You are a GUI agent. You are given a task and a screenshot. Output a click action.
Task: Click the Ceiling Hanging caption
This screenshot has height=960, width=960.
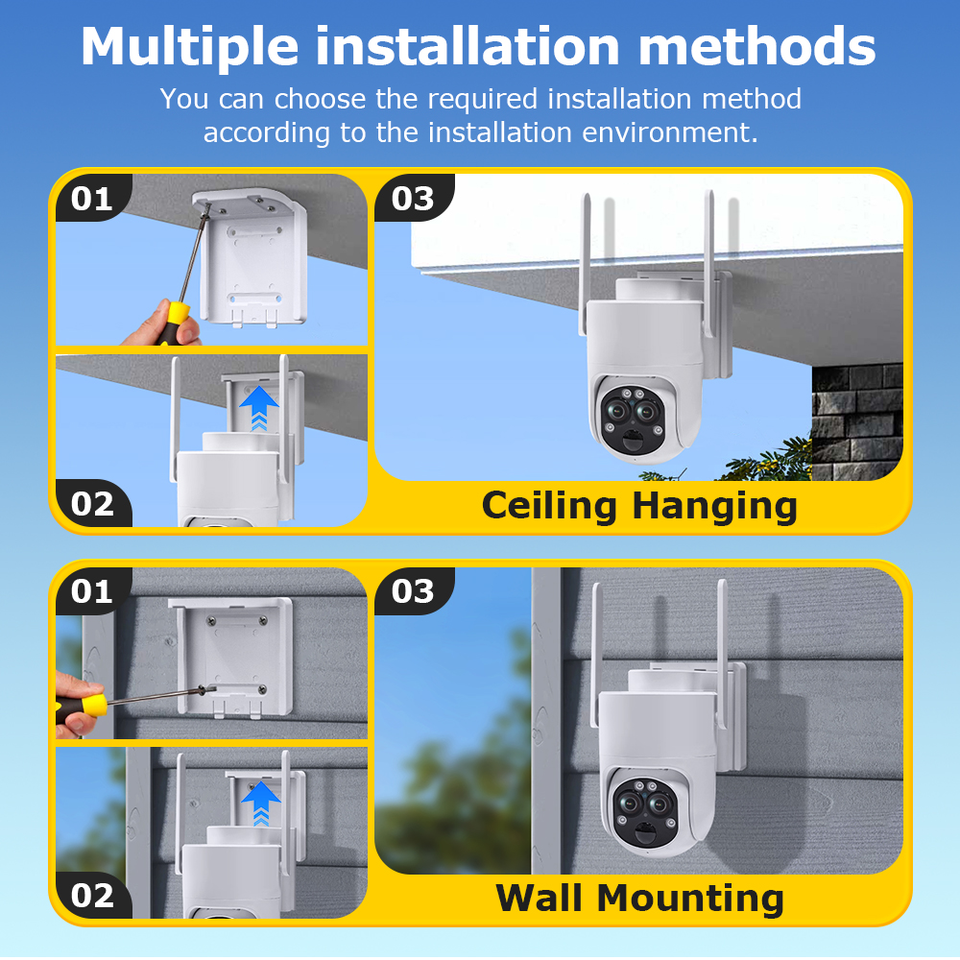[x=639, y=505]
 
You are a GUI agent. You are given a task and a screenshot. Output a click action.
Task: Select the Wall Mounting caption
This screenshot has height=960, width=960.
[x=639, y=899]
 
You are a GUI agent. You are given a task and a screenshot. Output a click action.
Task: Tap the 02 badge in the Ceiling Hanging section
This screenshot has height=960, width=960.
[x=92, y=504]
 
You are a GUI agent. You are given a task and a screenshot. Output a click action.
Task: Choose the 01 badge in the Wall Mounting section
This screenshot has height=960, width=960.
[x=92, y=591]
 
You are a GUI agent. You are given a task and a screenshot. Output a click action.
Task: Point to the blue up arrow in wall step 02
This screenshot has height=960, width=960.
[x=260, y=801]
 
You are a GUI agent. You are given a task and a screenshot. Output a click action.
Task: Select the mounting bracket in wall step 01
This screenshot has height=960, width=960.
[x=230, y=658]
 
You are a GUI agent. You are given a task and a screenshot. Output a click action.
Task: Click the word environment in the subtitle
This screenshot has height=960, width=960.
[x=668, y=132]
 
